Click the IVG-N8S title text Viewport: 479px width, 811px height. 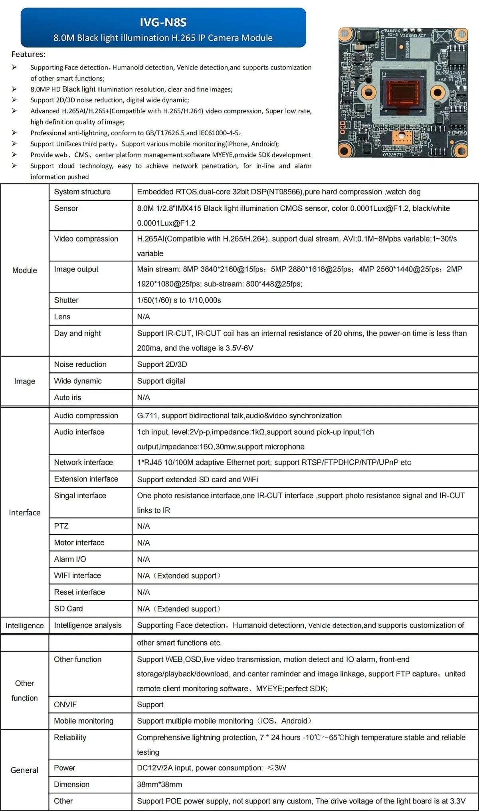coord(163,22)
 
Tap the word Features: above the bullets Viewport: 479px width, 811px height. coord(28,54)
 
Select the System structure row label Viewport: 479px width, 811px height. coord(82,192)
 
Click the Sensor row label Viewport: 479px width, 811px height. coord(66,208)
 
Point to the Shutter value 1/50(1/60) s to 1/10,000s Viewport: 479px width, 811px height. coord(179,300)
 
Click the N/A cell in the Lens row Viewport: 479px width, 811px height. coord(143,317)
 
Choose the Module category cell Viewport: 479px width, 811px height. coord(25,270)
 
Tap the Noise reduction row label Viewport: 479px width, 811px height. coord(80,364)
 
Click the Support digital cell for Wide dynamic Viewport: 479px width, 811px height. coord(161,381)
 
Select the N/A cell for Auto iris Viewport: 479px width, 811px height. coord(143,398)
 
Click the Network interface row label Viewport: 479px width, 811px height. coord(83,463)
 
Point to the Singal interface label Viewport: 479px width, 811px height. coord(80,496)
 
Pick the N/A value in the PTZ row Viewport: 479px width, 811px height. coord(143,526)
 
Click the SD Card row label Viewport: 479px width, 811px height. coord(68,609)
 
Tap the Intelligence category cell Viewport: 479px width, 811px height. coord(25,625)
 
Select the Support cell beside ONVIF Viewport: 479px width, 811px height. coord(150,705)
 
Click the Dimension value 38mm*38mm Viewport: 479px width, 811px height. coord(159,784)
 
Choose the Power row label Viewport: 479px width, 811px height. coord(65,768)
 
